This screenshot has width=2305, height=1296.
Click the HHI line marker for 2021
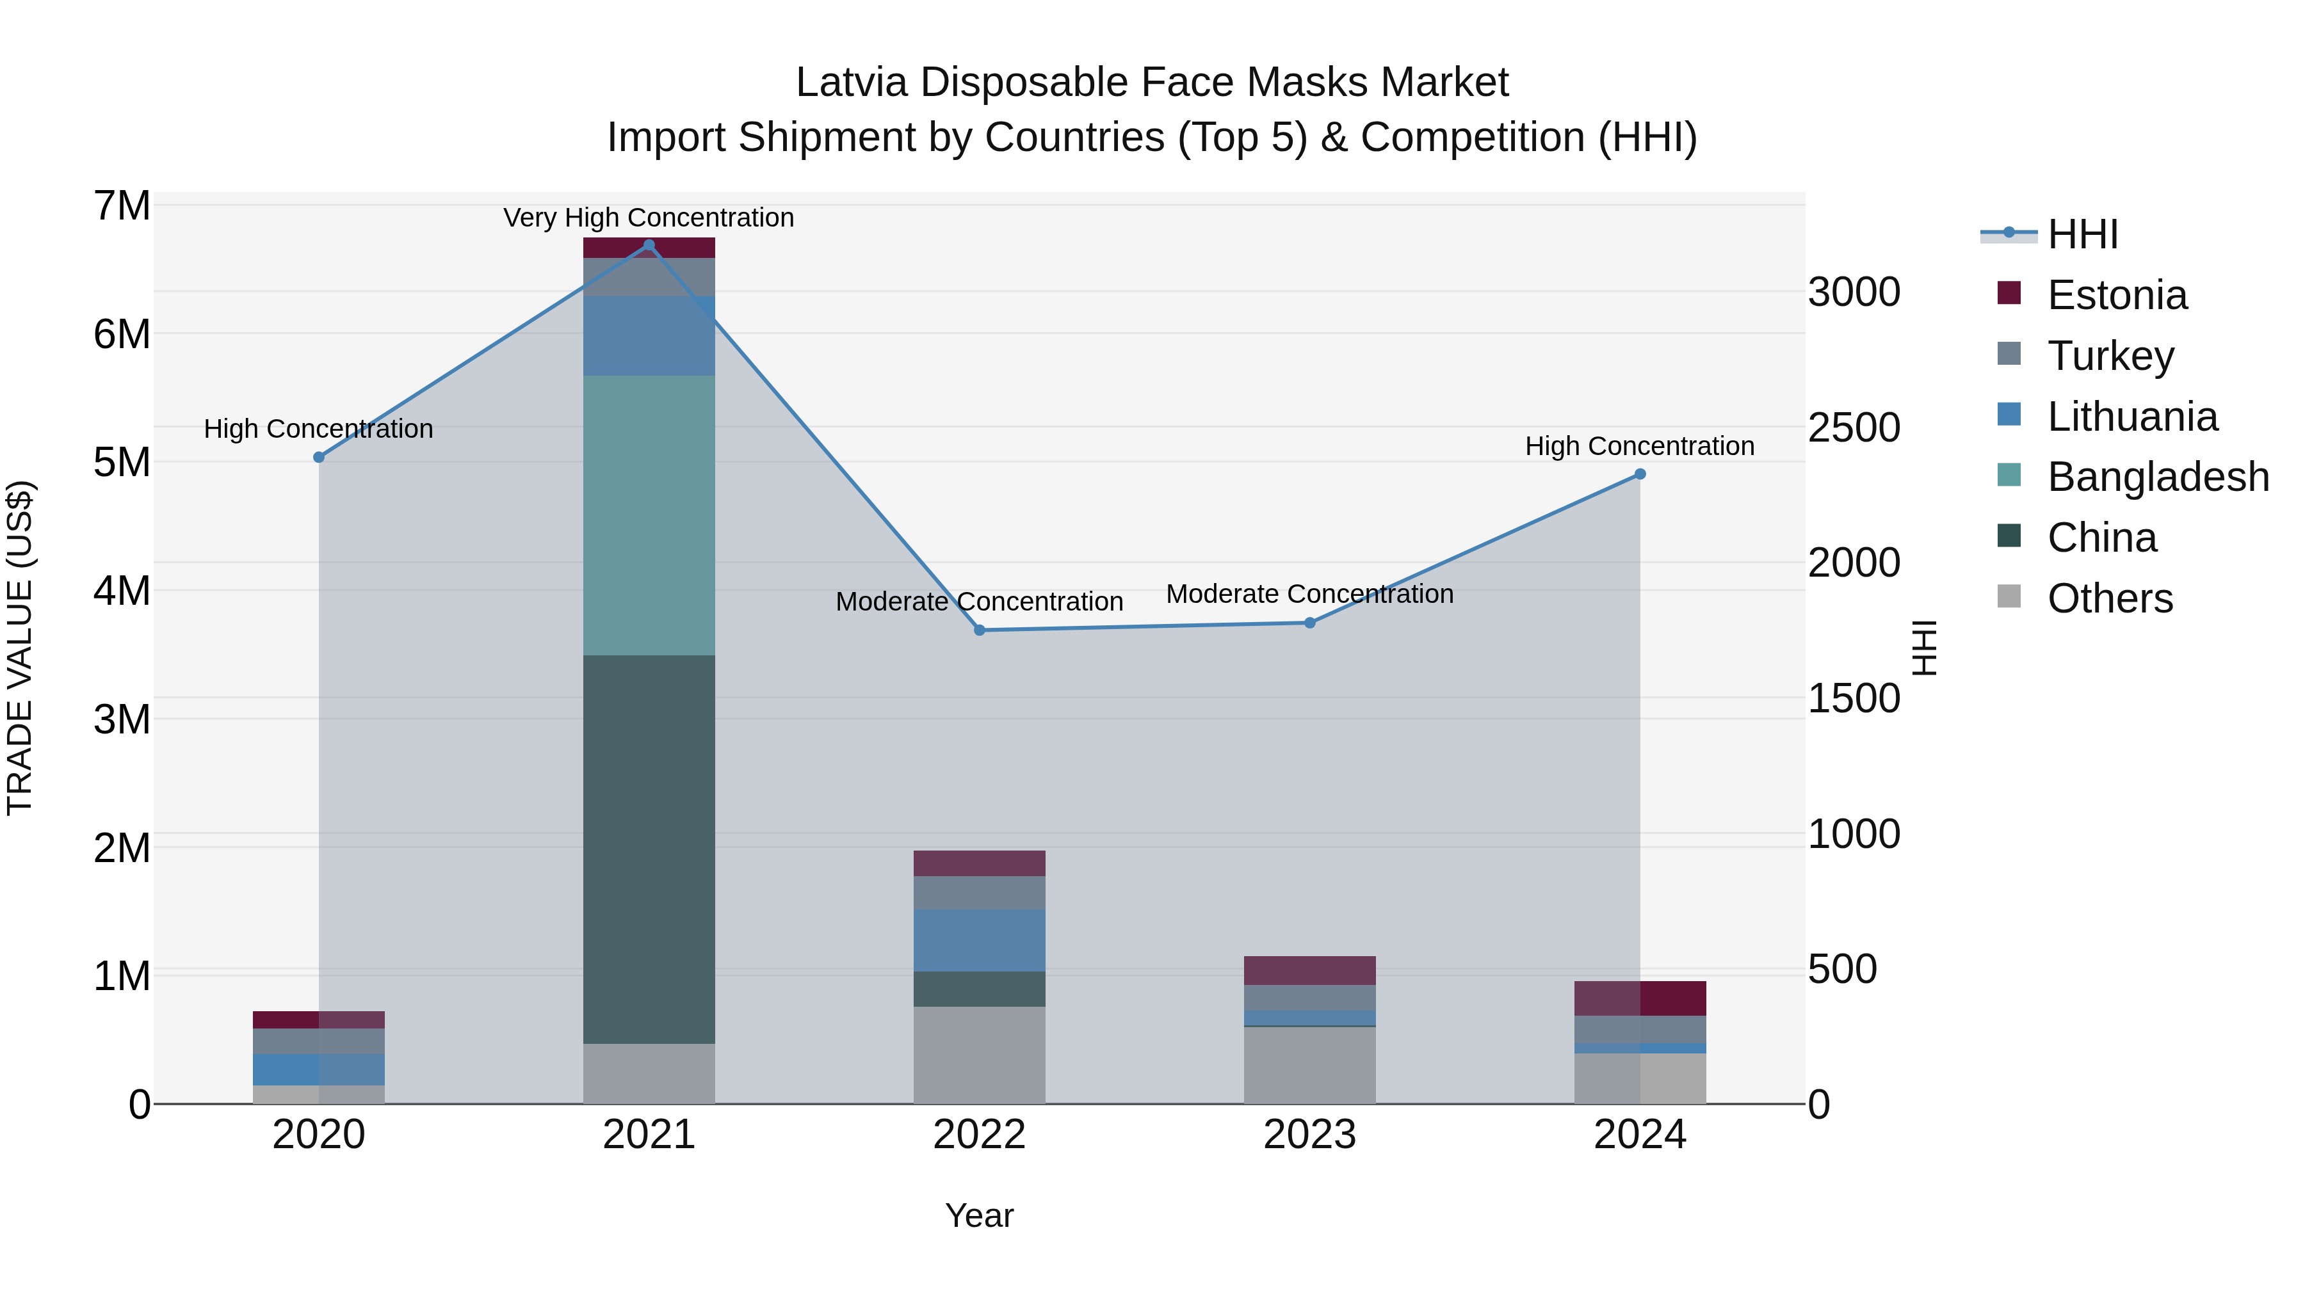tap(649, 245)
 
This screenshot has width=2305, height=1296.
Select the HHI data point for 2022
tap(979, 630)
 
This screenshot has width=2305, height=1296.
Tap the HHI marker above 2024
tap(1639, 475)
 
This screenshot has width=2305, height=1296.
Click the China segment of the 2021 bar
tap(649, 850)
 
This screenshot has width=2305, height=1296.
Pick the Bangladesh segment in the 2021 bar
tap(649, 515)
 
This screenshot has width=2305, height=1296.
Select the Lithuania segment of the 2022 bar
tap(979, 940)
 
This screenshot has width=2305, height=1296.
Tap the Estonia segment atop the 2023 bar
tap(1309, 970)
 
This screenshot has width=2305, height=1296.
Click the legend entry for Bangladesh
tap(2157, 477)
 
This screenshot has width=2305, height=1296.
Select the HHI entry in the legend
tap(2082, 234)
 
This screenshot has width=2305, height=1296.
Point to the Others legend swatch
tap(2009, 596)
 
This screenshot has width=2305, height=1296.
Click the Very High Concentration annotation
tap(649, 218)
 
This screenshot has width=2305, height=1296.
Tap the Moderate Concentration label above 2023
tap(1309, 594)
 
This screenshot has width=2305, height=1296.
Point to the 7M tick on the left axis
tap(122, 207)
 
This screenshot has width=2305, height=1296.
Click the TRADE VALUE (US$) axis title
tap(20, 648)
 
